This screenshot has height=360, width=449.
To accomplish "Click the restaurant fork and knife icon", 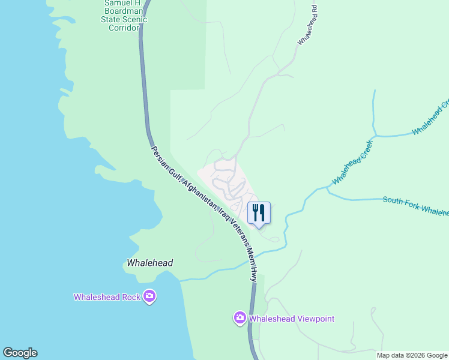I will pos(259,212).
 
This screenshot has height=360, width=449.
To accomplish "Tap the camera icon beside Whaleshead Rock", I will pos(149,296).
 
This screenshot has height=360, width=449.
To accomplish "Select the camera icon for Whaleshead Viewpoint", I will pos(240,317).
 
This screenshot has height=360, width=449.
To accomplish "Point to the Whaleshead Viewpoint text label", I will pos(292,319).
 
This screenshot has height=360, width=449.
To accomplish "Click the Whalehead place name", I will pos(150,263).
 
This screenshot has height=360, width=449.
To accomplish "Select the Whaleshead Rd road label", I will pos(307,26).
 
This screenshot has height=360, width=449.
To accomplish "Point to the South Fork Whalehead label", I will pos(415,205).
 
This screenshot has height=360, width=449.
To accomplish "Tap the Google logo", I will pos(20,353).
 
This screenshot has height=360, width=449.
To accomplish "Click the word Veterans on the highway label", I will pos(238,235).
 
